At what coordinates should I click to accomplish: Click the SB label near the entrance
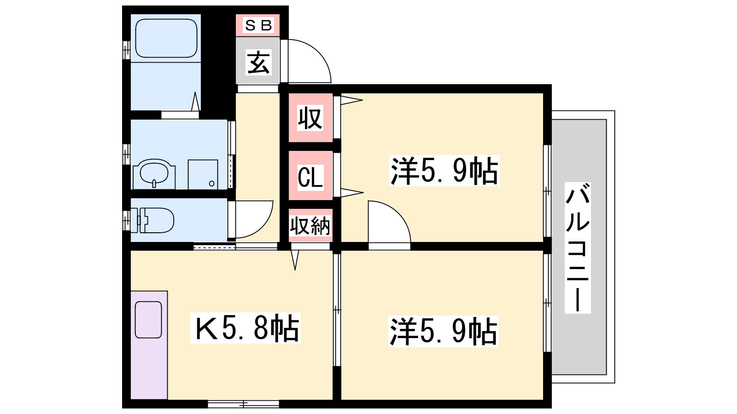point(258,25)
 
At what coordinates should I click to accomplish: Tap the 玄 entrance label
point(258,62)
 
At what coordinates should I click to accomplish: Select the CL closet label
point(310,177)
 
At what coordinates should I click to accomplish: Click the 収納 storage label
point(310,226)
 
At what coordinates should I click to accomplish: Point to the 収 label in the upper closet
point(310,118)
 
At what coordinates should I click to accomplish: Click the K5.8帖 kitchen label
point(246,328)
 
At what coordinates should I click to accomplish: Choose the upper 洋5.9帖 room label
point(444,171)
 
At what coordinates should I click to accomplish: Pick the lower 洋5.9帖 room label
point(444,331)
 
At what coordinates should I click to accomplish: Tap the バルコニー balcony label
point(578,248)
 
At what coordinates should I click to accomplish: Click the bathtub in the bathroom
point(166,38)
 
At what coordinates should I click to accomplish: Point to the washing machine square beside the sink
point(203,174)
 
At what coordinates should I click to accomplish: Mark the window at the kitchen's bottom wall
point(244,403)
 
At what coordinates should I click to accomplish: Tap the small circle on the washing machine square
point(211,184)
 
